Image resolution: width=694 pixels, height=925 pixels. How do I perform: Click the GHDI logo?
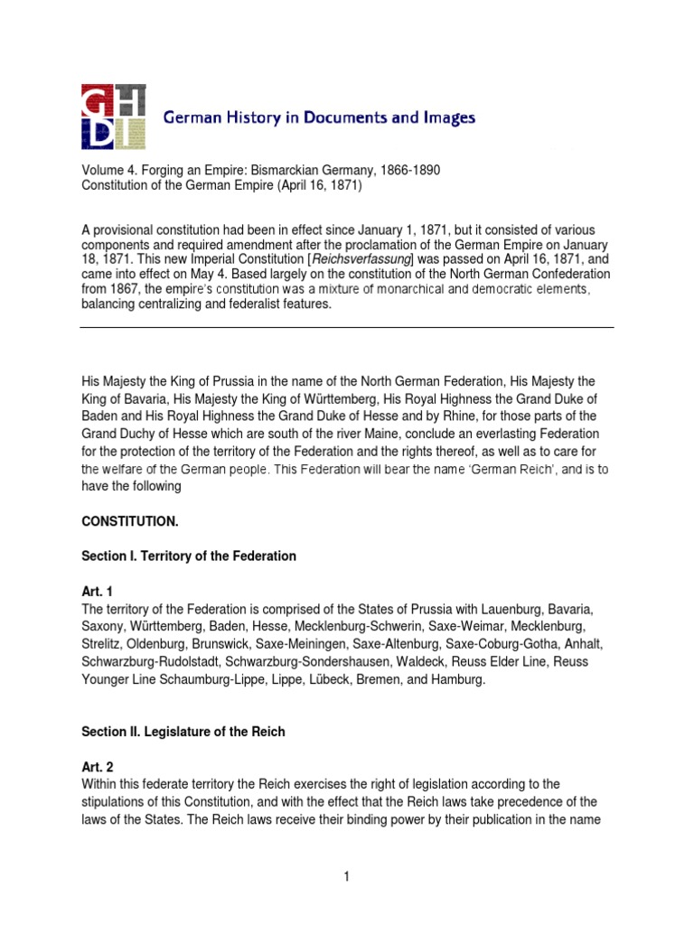click(113, 117)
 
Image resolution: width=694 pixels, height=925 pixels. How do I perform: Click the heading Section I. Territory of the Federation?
click(189, 556)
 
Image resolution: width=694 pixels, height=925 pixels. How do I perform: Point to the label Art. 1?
click(97, 592)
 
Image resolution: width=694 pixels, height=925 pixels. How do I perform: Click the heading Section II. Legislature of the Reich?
click(183, 732)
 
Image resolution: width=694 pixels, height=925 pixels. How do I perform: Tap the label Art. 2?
click(97, 767)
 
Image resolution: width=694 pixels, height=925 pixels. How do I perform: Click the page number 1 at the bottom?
click(346, 876)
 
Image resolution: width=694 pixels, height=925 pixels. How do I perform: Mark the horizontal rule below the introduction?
click(346, 327)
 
